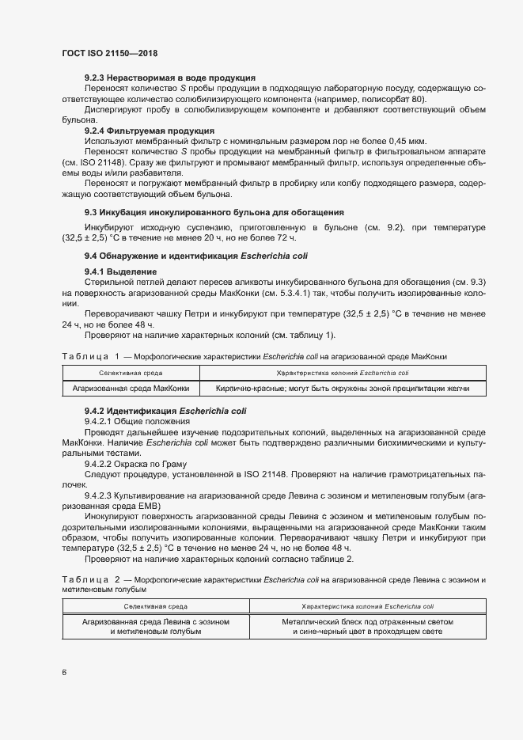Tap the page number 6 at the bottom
pos(65,673)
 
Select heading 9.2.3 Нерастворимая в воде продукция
pos(169,78)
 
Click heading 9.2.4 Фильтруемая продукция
pos(149,130)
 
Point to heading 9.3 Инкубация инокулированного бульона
pos(214,212)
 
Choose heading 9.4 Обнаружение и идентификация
pos(196,256)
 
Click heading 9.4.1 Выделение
pos(120,272)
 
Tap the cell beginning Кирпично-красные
pos(343,389)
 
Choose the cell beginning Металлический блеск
pos(368,627)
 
